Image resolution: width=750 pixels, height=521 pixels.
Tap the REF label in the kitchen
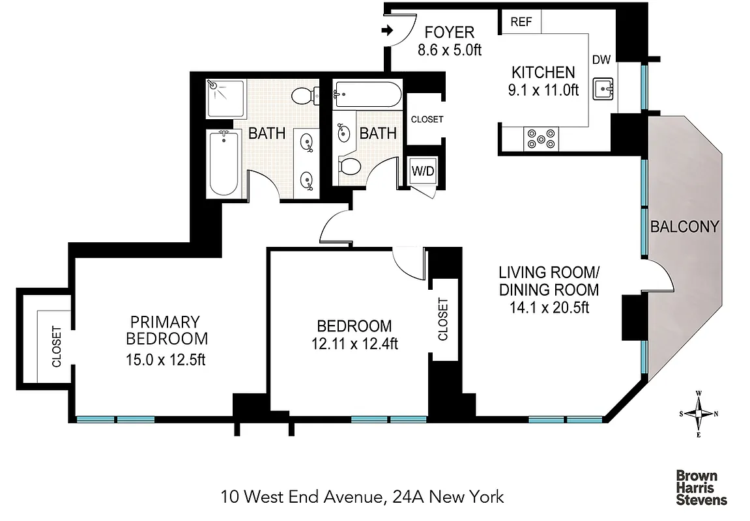521,22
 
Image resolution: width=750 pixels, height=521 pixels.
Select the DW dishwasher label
601,60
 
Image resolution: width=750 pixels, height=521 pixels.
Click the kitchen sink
603,89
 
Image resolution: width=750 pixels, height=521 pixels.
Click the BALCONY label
684,227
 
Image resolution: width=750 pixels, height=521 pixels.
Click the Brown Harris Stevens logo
701,488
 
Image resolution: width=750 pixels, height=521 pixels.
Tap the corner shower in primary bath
225,99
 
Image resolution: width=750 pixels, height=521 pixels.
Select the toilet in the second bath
350,167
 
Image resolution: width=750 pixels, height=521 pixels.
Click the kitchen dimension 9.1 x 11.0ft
543,91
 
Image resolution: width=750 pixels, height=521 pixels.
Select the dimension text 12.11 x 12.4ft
354,345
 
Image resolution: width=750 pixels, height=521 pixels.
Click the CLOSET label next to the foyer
427,119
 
